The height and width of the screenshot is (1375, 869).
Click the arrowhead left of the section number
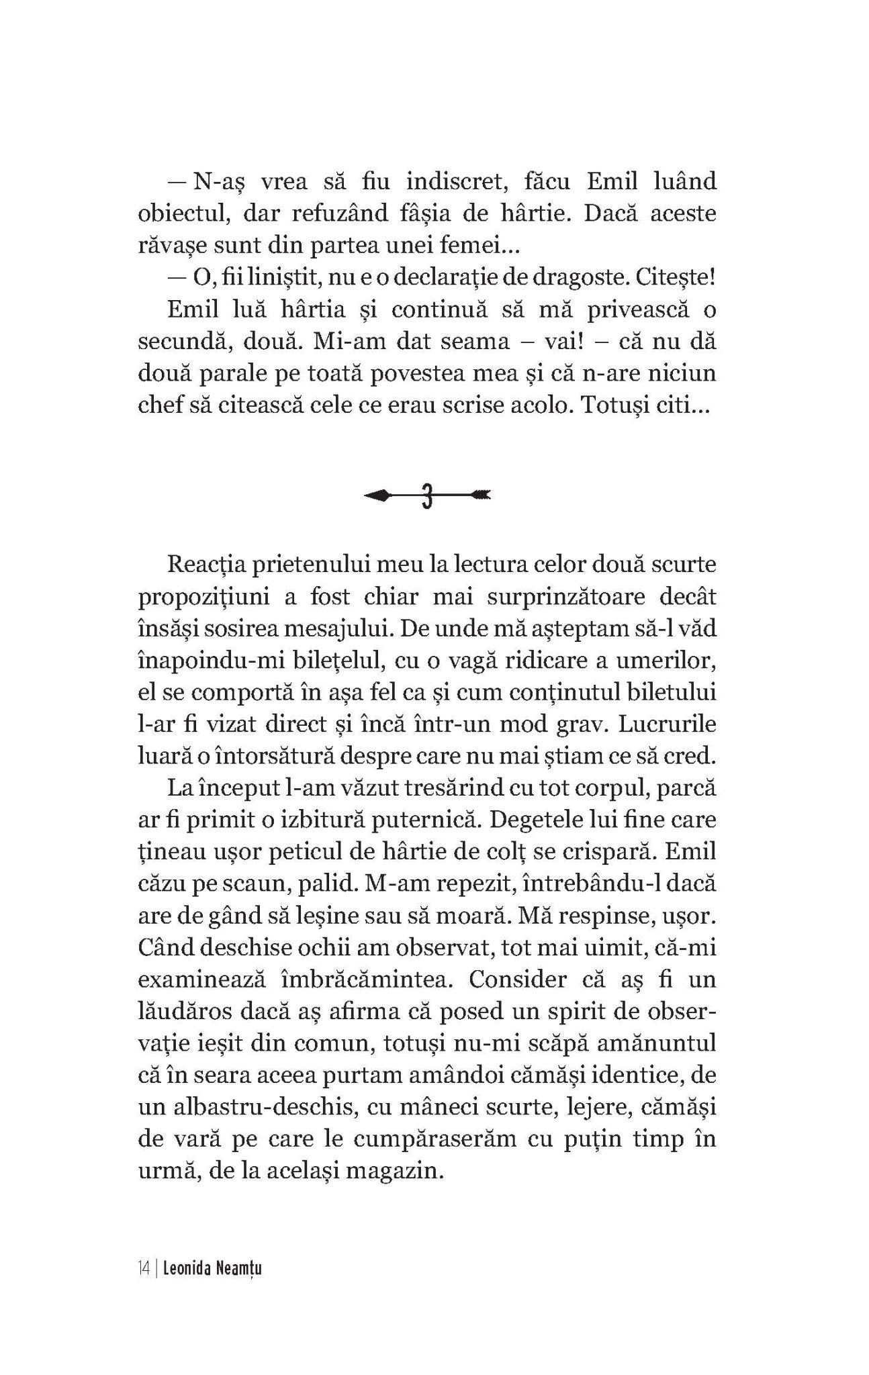click(x=377, y=496)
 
